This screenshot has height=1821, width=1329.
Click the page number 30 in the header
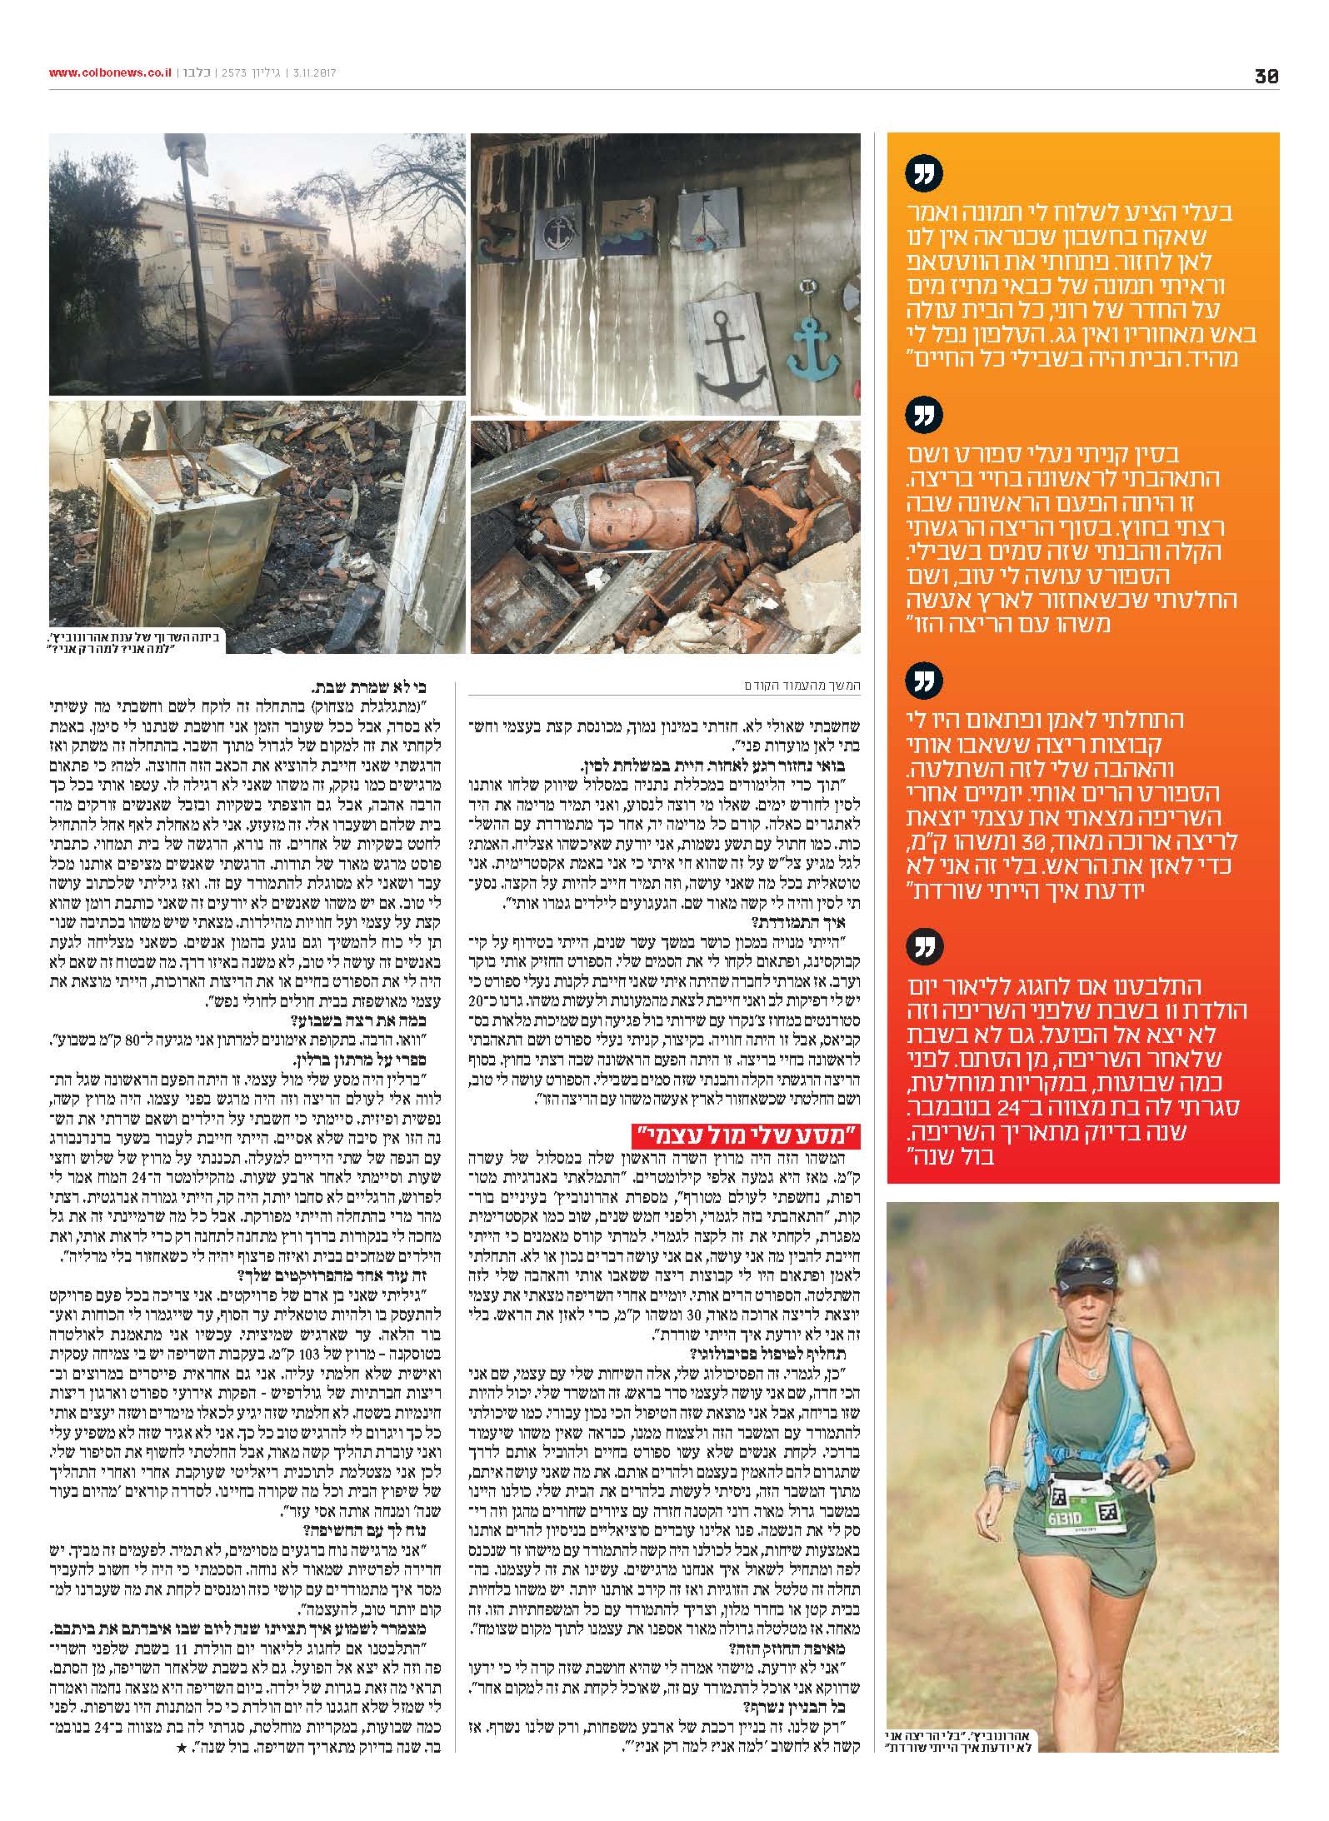[1267, 76]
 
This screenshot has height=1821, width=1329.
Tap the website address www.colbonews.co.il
[110, 73]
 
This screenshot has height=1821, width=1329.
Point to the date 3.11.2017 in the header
[312, 73]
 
